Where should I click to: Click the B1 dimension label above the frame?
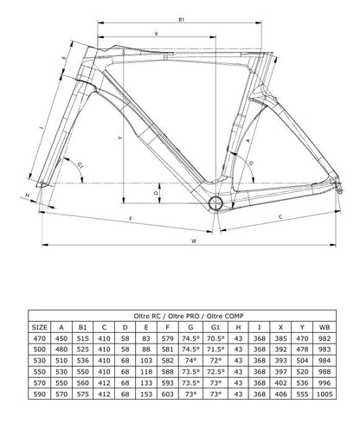pyautogui.click(x=180, y=17)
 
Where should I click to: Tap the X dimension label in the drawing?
pyautogui.click(x=156, y=33)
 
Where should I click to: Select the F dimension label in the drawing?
pyautogui.click(x=128, y=219)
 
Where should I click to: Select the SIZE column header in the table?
pyautogui.click(x=41, y=326)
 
